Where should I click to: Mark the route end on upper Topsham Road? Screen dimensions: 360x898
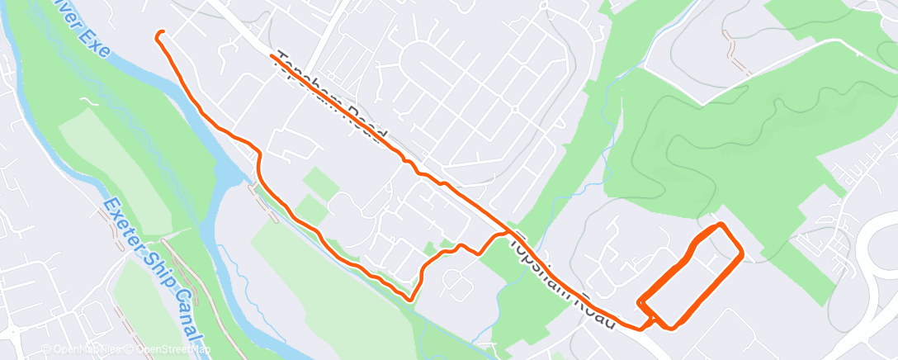272,56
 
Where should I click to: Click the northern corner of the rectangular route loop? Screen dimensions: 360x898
721,225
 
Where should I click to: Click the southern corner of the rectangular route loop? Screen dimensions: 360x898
670,327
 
